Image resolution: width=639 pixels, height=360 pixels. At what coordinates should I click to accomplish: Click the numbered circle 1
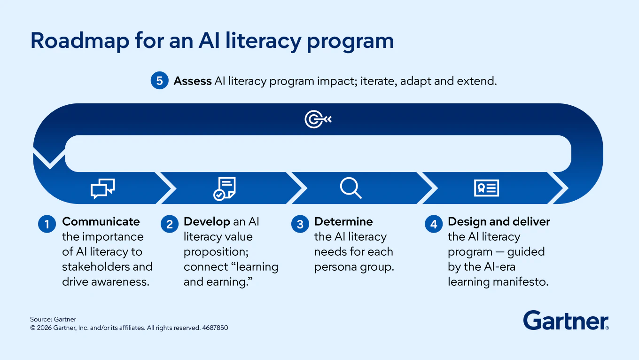click(x=47, y=224)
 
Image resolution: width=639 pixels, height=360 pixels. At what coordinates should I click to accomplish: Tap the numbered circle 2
click(x=170, y=224)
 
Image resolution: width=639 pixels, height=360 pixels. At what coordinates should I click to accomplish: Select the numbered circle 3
click(x=300, y=224)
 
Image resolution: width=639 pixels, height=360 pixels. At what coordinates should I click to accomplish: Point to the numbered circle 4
click(x=434, y=224)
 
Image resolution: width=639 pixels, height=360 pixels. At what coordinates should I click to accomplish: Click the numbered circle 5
click(x=159, y=80)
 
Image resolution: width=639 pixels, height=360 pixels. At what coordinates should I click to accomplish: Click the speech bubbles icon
click(x=103, y=188)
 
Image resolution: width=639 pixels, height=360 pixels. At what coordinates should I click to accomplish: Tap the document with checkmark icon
click(x=225, y=188)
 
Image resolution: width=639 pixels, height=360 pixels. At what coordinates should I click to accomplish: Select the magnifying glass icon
click(x=351, y=188)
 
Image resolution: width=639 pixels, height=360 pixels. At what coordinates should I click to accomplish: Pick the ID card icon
click(x=486, y=188)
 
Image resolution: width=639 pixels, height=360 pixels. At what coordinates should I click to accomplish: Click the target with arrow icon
click(x=318, y=119)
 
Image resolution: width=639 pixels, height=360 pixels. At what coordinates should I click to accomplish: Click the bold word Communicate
click(x=101, y=222)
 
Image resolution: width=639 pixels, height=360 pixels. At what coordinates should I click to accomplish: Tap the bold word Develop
click(x=207, y=222)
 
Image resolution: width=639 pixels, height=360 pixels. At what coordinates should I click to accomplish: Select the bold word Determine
click(x=343, y=222)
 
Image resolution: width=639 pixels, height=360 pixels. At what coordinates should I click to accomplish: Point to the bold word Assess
click(x=193, y=81)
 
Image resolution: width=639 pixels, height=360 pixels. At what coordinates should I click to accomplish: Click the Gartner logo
click(x=566, y=321)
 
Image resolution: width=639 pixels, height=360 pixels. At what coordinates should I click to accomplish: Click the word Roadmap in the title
click(x=80, y=41)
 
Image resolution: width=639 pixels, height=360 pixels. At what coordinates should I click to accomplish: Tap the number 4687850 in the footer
click(x=215, y=328)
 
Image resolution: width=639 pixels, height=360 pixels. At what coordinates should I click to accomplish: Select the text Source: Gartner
click(x=53, y=319)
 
